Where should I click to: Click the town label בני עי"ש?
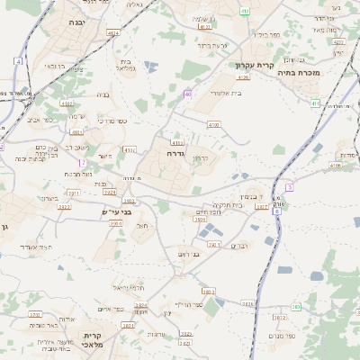[116, 211]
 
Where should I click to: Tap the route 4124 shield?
[112, 32]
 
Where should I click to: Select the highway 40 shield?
[187, 94]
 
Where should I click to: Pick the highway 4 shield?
[18, 61]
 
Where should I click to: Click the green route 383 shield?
[295, 307]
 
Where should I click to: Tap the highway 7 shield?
[83, 162]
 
